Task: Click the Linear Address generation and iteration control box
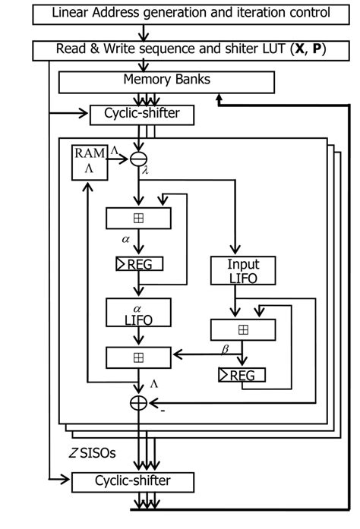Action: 180,13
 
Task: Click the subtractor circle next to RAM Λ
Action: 138,158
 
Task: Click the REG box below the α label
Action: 138,265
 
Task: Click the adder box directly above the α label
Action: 138,218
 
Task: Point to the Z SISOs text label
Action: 92,454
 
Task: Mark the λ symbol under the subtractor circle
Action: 144,173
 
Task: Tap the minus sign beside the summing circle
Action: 162,411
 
